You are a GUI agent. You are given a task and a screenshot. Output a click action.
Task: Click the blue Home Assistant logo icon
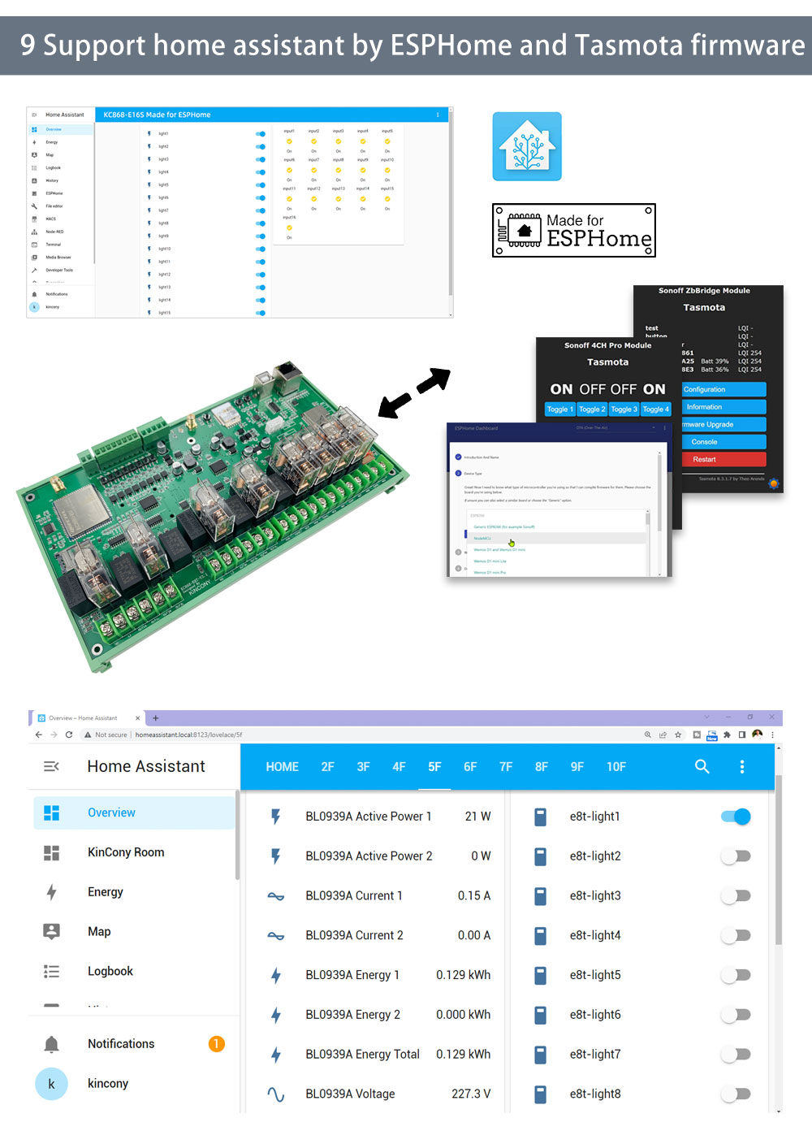(x=527, y=146)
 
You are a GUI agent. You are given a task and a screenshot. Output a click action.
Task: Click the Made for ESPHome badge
(x=574, y=231)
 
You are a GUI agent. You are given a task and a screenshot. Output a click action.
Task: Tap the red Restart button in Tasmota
(x=723, y=459)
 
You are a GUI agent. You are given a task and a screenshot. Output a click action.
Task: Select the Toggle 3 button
(x=624, y=409)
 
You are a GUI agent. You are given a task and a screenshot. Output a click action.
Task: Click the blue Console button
(x=723, y=442)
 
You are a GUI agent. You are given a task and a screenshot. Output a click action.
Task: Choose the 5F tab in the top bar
(x=434, y=766)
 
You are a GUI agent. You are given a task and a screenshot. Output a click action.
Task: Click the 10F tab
(x=616, y=766)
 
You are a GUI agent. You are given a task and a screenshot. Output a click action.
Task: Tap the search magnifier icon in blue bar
(x=702, y=766)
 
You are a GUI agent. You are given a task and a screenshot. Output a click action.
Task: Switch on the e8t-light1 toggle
(x=736, y=817)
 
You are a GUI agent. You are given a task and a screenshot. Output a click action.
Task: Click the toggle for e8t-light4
(x=736, y=935)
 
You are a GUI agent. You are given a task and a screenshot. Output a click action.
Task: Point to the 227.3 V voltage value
(x=471, y=1094)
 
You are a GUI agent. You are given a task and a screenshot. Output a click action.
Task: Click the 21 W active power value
(x=477, y=817)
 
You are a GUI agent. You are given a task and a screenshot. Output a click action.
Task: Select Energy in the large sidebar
(x=106, y=892)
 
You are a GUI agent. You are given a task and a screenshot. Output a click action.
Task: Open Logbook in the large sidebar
(x=110, y=971)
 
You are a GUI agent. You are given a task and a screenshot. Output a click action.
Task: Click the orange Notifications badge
(x=216, y=1044)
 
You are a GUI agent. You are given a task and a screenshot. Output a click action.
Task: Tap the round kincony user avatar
(x=51, y=1084)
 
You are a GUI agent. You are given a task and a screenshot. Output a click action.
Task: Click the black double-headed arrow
(x=414, y=393)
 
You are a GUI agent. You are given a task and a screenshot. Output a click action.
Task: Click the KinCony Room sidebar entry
(x=126, y=852)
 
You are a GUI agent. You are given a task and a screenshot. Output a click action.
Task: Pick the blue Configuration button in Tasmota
(x=723, y=389)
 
